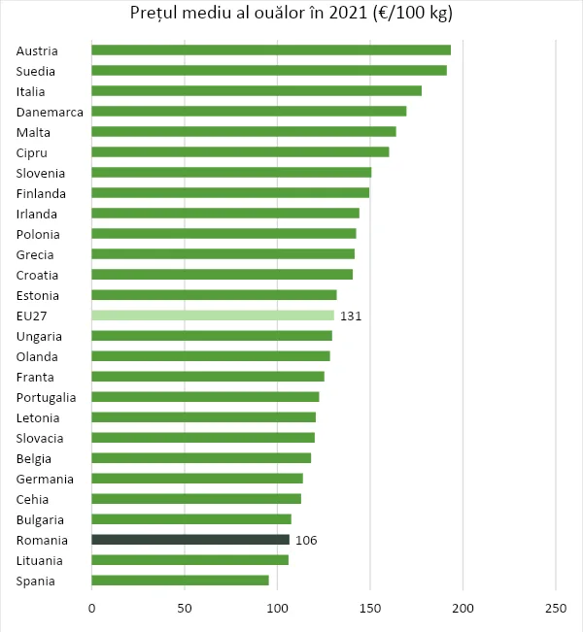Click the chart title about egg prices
(x=291, y=13)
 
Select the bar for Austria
(x=270, y=50)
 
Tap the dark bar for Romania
(x=190, y=540)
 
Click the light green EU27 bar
(x=212, y=316)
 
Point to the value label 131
(x=351, y=316)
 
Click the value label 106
(x=306, y=541)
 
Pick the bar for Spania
(x=180, y=581)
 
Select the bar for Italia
(x=257, y=91)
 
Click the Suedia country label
(x=36, y=72)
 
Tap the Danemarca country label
(x=50, y=113)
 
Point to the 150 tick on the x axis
(x=370, y=609)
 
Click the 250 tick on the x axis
(x=556, y=609)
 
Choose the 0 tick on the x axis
(x=92, y=609)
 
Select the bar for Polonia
(x=223, y=234)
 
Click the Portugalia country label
(x=47, y=398)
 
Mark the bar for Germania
(x=197, y=479)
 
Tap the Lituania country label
(x=39, y=561)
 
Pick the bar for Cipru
(x=240, y=152)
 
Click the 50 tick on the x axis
(x=185, y=609)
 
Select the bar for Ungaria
(x=212, y=336)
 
